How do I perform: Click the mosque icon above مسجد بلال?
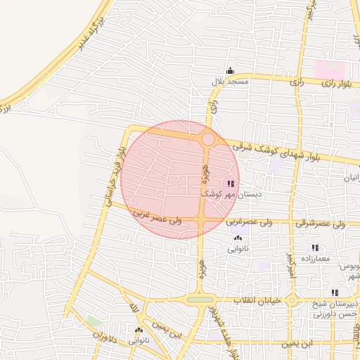(230, 71)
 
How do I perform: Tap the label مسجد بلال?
(230, 82)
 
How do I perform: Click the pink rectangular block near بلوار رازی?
(330, 70)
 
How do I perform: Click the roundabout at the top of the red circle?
(208, 139)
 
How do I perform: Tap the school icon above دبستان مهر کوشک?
(231, 183)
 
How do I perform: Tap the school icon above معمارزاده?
(315, 247)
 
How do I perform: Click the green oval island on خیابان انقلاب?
(200, 300)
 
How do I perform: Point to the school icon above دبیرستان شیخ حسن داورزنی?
(335, 292)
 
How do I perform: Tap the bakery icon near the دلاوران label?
(138, 330)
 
